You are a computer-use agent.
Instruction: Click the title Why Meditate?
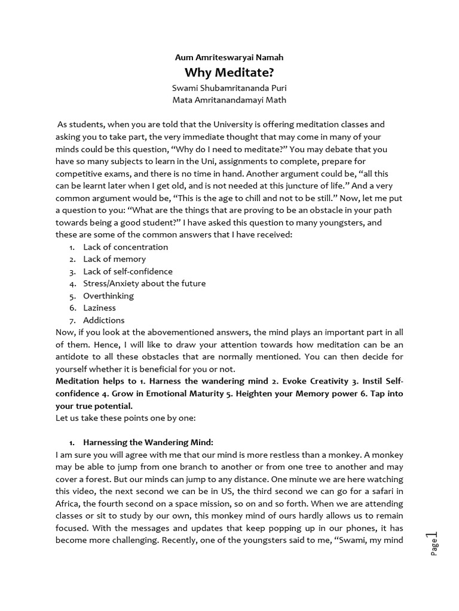click(229, 73)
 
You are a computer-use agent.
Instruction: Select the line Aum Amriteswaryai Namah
click(229, 58)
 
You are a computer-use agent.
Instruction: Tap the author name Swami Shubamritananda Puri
click(229, 88)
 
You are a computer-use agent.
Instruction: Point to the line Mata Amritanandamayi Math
click(229, 100)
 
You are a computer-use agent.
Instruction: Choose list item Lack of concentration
click(126, 247)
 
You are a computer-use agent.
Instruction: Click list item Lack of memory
click(114, 259)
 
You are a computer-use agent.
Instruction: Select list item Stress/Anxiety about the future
click(144, 283)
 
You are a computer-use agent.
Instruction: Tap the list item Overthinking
click(108, 296)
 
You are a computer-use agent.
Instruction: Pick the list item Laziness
click(99, 308)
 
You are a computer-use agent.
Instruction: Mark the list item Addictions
click(103, 320)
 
